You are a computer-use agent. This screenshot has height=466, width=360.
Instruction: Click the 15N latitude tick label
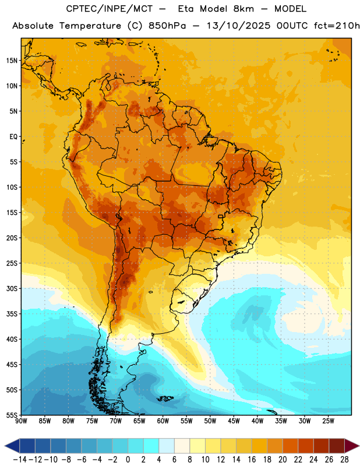(12, 61)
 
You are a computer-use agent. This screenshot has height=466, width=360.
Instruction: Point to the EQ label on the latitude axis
(13, 137)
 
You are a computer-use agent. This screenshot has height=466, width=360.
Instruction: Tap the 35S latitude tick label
(12, 314)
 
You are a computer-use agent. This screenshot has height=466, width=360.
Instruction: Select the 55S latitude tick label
(12, 415)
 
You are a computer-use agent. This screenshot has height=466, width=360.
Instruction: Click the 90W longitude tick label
(21, 421)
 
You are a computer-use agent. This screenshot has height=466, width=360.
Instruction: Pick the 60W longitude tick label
(163, 421)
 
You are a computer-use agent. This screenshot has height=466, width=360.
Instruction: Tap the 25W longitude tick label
(328, 421)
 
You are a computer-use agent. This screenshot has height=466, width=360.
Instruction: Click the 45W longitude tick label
(234, 421)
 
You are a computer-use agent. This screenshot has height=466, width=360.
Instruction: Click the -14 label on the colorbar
(20, 460)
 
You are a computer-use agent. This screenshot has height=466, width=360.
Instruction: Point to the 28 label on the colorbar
(344, 460)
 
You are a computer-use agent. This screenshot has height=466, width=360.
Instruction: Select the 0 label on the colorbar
(128, 460)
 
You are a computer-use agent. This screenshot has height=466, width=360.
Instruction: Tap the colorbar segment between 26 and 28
(337, 446)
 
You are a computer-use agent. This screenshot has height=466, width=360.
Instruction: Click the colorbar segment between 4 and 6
(167, 446)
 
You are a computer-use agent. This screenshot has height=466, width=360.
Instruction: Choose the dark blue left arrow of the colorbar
(12, 446)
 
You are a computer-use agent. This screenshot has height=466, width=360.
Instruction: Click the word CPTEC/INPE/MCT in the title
(110, 9)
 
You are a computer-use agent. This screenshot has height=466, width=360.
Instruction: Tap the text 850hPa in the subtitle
(167, 26)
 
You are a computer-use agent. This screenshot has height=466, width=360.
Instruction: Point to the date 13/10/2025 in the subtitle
(238, 26)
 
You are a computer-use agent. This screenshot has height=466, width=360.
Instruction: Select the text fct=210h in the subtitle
(337, 26)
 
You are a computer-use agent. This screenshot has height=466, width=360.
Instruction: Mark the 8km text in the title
(243, 9)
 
